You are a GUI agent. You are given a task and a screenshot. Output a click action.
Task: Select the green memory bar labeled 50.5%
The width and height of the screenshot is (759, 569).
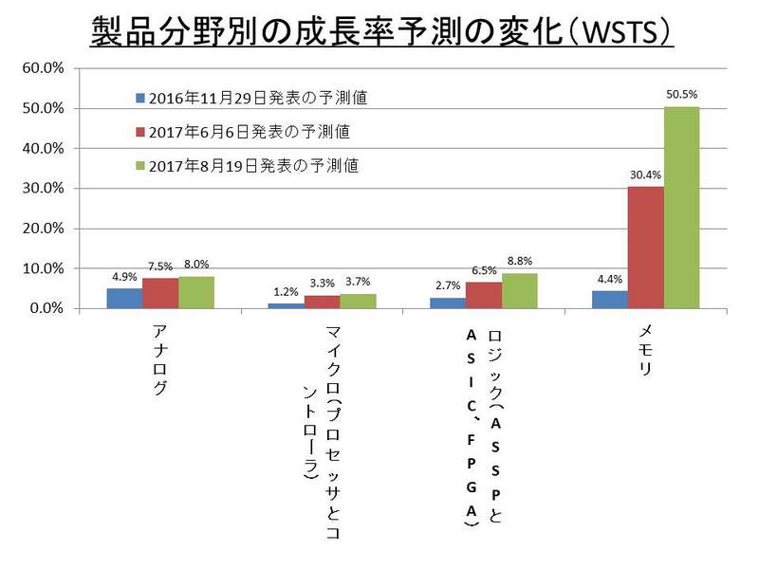[x=682, y=208]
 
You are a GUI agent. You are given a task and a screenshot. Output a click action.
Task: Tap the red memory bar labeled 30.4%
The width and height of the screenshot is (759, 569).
[x=646, y=248]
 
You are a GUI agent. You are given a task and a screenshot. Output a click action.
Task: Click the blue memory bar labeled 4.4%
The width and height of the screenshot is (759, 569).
[x=610, y=300]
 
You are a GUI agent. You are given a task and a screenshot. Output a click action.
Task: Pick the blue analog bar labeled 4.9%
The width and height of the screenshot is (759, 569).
[x=124, y=299]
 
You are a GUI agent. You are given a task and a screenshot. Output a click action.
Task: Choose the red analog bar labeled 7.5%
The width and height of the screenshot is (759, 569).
[x=160, y=293]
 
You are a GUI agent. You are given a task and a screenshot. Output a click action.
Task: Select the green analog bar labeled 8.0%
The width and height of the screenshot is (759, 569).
[x=196, y=292]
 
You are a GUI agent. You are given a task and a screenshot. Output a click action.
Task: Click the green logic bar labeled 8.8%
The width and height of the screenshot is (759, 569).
[x=520, y=291]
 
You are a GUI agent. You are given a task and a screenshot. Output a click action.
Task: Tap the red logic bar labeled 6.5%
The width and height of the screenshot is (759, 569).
[x=484, y=296]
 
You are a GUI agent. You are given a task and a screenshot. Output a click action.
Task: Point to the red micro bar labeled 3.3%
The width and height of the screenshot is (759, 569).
[x=323, y=303]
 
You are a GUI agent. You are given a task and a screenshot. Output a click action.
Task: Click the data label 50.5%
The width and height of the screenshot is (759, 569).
[x=682, y=94]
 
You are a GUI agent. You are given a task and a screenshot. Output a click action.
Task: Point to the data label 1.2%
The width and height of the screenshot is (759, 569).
[x=286, y=292]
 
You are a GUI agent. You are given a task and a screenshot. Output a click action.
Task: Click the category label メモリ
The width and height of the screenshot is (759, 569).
[x=645, y=352]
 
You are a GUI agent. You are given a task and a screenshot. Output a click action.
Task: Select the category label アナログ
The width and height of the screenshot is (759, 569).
[x=160, y=361]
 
